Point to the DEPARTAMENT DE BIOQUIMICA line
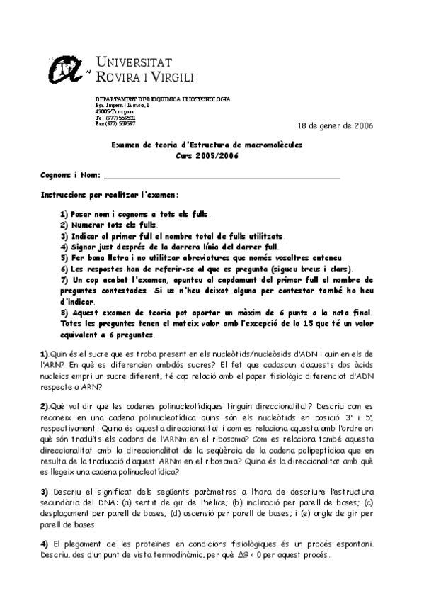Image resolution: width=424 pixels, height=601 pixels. (x=162, y=99)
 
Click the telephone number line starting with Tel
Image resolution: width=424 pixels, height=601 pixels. (x=115, y=117)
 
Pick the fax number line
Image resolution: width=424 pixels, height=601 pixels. (x=115, y=123)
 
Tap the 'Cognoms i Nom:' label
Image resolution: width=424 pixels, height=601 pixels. (x=70, y=174)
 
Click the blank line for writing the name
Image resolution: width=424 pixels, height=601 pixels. (x=222, y=177)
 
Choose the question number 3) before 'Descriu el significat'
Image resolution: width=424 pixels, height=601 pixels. (x=44, y=491)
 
